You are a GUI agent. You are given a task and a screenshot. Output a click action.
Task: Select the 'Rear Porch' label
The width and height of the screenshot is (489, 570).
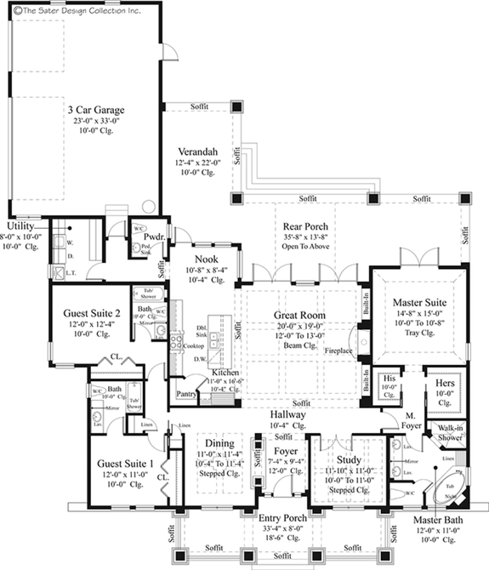305,226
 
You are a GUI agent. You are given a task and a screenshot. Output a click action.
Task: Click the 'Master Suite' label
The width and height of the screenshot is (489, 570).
418,301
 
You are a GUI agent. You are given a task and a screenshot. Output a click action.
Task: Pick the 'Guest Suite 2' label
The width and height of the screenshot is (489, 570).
88,312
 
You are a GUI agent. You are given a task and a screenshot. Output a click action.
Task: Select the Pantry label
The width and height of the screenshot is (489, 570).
186,395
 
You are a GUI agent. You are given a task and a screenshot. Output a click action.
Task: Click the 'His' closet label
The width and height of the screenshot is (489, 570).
389,378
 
